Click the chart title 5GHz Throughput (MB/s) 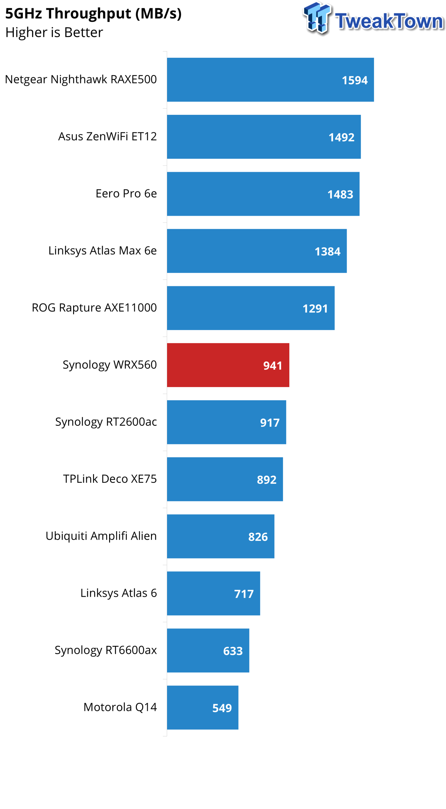pos(93,14)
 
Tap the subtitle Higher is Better pos(54,33)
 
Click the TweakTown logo pos(373,19)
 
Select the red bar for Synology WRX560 pos(227,365)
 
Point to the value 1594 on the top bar pos(354,80)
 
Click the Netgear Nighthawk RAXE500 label pos(81,79)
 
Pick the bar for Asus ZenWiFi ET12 pos(263,137)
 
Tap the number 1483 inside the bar pos(340,194)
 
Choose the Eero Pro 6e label pos(126,193)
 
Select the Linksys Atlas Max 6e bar pos(256,251)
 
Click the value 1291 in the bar pos(315,309)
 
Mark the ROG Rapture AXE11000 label pos(94,308)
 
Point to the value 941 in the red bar pos(272,366)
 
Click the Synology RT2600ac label pos(106,422)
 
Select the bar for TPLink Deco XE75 pos(224,479)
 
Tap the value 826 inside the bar pos(258,537)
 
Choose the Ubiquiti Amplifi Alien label pos(101,536)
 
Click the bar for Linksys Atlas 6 pos(213,593)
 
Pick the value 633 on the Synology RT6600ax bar pos(233,651)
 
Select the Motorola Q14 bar pos(202,708)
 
